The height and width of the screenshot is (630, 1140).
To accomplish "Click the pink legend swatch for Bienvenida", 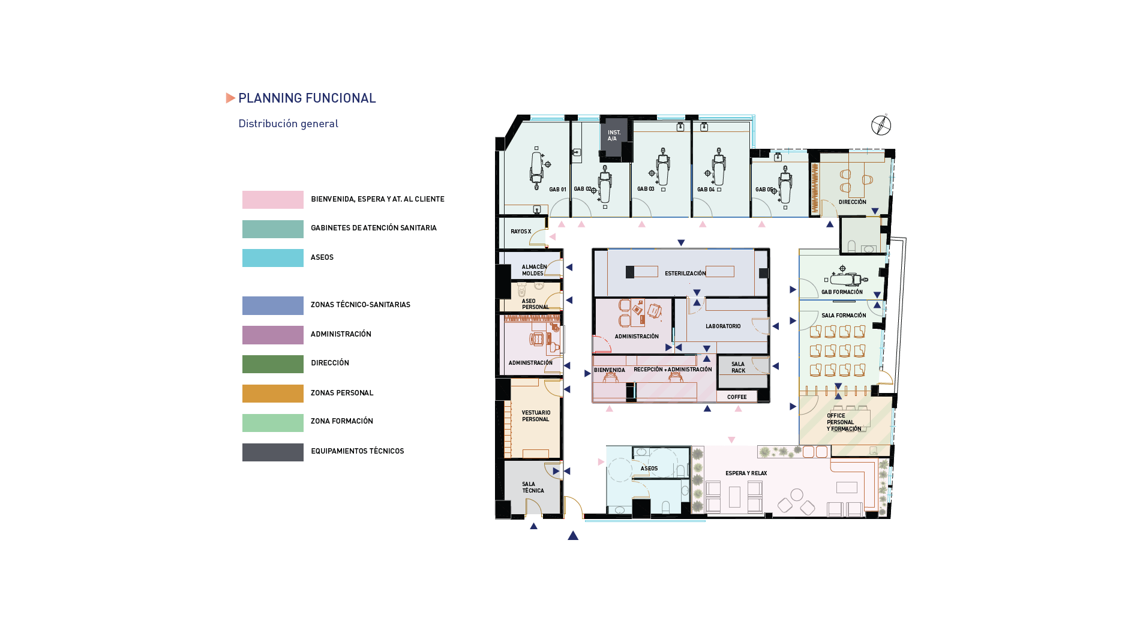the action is (272, 200).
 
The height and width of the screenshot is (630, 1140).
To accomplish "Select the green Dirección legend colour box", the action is (272, 364).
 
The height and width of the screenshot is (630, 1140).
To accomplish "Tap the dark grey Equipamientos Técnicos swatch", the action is (272, 452).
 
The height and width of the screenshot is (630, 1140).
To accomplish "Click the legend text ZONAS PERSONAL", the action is (342, 393).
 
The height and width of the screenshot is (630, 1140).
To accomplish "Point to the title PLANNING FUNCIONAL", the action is (307, 98).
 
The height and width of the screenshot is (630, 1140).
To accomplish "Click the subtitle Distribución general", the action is (288, 124).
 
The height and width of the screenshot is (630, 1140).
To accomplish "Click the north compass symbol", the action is (881, 125).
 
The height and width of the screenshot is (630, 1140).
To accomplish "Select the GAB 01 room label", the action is (557, 190).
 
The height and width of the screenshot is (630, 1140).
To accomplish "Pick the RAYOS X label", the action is (521, 232).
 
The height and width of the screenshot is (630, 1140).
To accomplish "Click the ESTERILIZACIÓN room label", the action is (685, 274).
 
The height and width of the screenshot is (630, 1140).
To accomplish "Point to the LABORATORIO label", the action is (723, 326).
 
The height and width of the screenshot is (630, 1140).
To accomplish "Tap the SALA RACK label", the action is (738, 367).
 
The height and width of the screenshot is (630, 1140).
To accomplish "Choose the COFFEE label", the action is (737, 397).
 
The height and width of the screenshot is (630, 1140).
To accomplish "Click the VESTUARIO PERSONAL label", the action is (536, 416).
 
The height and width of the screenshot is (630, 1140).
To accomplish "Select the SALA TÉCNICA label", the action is (533, 487).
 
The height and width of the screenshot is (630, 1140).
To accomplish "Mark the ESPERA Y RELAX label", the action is (746, 473).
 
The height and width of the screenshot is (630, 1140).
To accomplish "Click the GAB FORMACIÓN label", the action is (842, 292).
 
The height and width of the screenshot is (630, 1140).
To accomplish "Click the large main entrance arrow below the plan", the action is (573, 535).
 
